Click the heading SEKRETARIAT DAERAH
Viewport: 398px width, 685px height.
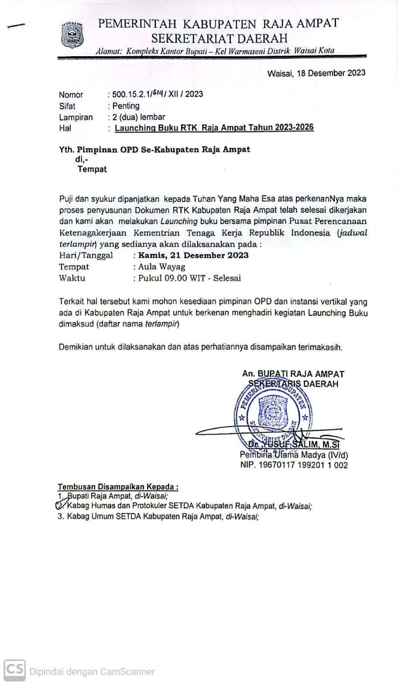tap(219, 38)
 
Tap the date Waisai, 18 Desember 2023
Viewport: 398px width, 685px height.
tap(316, 73)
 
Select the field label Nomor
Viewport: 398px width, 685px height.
tap(71, 95)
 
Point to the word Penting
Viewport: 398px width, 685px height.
tap(125, 106)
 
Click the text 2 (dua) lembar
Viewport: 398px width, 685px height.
tap(138, 117)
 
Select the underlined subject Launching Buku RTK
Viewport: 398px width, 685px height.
tap(214, 127)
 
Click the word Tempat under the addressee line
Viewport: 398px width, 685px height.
tap(92, 170)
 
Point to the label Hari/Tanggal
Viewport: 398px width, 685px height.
tap(86, 255)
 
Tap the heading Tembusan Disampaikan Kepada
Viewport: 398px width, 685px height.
tap(118, 487)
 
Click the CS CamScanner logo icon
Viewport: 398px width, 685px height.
tap(14, 671)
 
